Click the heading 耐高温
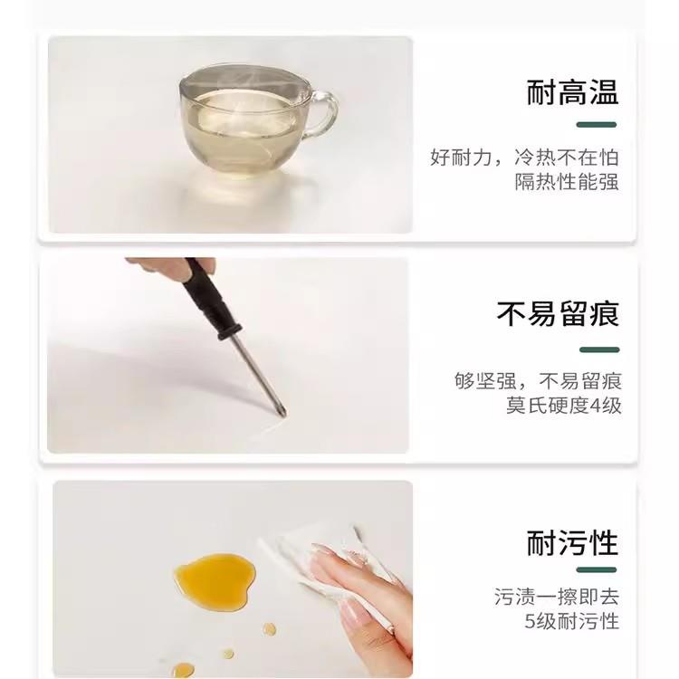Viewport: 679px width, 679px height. click(x=572, y=92)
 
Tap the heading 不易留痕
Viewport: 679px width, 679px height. click(x=558, y=314)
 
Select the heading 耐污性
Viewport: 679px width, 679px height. click(x=572, y=542)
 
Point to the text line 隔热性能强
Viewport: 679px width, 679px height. click(x=567, y=181)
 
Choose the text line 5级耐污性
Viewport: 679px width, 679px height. click(x=572, y=621)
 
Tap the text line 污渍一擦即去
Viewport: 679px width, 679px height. click(x=557, y=598)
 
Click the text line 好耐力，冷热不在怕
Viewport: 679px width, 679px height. click(x=524, y=157)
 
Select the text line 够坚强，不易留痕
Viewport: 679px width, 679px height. click(x=538, y=380)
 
